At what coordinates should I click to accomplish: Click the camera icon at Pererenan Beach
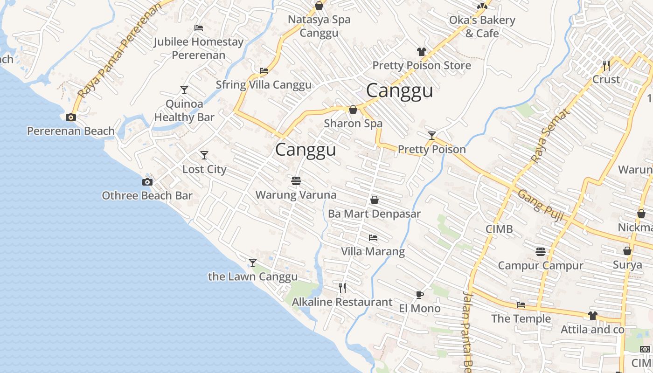[71, 117]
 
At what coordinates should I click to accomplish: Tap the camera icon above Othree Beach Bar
[147, 182]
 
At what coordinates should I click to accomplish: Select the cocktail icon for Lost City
[204, 155]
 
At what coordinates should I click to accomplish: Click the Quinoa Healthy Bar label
[184, 111]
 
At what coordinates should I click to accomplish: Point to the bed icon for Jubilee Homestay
[199, 28]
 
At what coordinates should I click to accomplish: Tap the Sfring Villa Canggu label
[264, 85]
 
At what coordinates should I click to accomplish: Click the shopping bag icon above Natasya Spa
[319, 6]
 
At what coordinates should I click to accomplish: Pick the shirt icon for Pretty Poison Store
[422, 52]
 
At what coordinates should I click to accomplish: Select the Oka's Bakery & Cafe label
[482, 27]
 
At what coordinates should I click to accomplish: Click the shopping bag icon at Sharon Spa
[353, 110]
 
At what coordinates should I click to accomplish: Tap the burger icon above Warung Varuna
[296, 180]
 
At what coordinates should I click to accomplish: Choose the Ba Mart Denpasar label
[374, 214]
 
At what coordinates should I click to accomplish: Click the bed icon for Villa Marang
[373, 238]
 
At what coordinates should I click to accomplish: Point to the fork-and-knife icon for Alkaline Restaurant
[342, 288]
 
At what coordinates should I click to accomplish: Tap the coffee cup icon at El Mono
[419, 294]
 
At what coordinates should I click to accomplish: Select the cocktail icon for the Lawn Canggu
[252, 263]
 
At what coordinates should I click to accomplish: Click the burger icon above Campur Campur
[540, 252]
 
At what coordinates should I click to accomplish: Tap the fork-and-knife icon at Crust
[606, 65]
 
